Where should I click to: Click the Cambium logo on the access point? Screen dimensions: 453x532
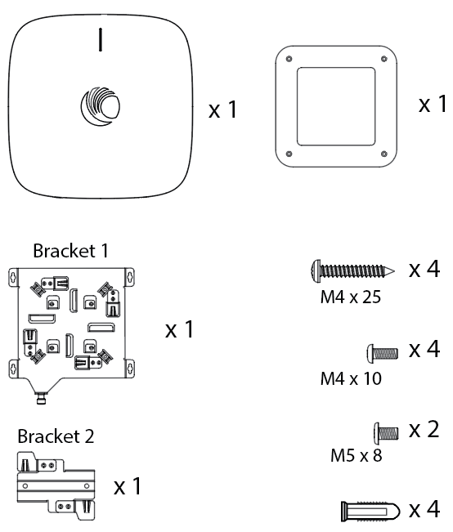101,106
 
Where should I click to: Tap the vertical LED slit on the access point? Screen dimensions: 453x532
101,40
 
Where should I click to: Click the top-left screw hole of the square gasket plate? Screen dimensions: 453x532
289,59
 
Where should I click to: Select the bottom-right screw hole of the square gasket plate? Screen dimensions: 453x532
384,154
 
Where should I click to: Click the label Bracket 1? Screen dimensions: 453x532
70,251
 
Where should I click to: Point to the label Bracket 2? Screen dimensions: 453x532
56,436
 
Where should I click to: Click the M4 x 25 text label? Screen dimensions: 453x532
351,297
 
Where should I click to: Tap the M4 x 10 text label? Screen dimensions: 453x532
351,378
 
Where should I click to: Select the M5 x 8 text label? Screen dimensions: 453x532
357,455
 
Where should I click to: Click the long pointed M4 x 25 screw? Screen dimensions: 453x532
352,271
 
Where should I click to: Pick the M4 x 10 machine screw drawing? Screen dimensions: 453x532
383,353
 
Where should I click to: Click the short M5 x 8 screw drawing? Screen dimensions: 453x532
386,433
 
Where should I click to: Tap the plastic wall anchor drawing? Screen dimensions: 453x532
370,512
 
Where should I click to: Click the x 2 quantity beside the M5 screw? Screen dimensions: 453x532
424,430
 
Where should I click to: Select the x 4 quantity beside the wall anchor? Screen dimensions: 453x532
424,510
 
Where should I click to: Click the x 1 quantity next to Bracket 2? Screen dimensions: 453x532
127,486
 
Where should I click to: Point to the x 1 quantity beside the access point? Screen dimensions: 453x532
222,110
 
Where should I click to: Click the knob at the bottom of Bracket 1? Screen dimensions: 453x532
41,398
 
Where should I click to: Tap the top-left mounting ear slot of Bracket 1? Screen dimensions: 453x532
13,278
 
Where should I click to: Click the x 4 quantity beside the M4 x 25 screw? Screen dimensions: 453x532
424,269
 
